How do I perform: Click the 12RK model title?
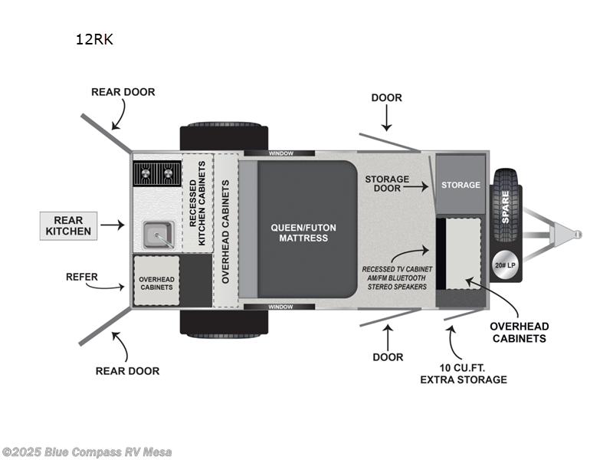[94, 40]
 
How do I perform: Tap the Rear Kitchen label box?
[68, 225]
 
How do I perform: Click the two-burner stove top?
[156, 174]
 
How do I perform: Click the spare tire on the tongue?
[505, 203]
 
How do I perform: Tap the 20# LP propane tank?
[505, 265]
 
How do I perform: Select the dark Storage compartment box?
[461, 185]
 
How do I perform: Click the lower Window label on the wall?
[280, 307]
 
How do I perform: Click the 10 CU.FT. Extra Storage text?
[472, 373]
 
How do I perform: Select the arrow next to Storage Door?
[421, 185]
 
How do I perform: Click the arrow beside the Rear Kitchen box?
[112, 225]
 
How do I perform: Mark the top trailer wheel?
[224, 136]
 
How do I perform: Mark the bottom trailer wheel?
[224, 324]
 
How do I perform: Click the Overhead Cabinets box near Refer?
[156, 281]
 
